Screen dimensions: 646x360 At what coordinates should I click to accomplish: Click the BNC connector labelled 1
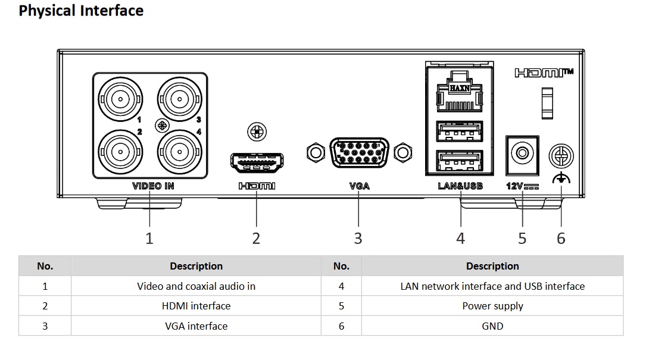click(x=120, y=99)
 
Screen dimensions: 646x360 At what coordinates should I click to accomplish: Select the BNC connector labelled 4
click(x=180, y=152)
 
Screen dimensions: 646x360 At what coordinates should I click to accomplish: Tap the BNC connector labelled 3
click(x=180, y=99)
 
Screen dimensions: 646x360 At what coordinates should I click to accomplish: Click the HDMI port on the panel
click(x=257, y=162)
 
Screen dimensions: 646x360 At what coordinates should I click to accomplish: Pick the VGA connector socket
click(x=359, y=152)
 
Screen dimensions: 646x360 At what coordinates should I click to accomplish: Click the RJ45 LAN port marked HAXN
click(x=460, y=92)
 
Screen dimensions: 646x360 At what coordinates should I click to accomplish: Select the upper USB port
click(x=460, y=132)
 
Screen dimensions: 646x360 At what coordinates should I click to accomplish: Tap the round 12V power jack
click(x=522, y=154)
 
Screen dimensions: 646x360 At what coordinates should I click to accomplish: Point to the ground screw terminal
click(x=561, y=156)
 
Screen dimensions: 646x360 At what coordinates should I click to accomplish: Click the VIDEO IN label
click(x=153, y=186)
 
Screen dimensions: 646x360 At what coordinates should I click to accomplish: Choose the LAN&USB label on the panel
click(x=460, y=186)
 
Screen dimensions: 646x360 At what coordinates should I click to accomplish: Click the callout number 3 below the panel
click(x=358, y=239)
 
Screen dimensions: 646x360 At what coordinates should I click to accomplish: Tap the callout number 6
click(x=561, y=239)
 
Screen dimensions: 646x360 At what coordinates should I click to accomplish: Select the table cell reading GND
click(x=492, y=326)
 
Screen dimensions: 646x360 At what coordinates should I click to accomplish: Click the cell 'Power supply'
click(x=492, y=306)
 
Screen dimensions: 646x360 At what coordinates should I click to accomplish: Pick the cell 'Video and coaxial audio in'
click(x=196, y=286)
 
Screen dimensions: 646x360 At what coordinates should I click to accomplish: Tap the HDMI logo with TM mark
click(x=544, y=73)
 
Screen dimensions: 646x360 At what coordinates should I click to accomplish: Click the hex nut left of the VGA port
click(x=316, y=153)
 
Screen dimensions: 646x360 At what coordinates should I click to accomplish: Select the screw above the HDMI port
click(x=257, y=132)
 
